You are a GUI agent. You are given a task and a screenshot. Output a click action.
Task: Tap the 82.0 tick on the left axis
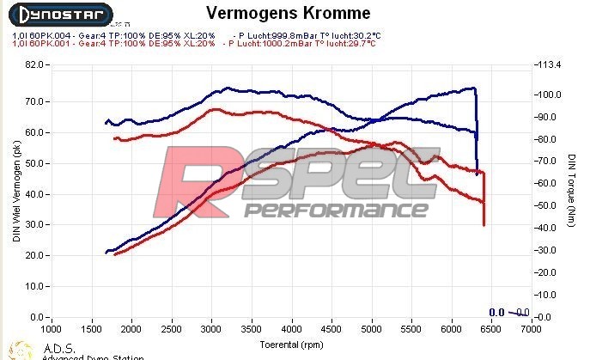33,64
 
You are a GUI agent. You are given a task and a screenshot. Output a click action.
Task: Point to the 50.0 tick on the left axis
33,163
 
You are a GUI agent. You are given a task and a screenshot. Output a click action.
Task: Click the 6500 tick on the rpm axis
491,329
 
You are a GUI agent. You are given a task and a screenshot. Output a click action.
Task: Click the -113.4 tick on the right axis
547,64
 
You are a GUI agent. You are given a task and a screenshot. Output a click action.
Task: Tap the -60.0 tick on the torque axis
546,183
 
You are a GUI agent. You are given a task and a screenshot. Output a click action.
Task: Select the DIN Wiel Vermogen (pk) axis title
15,191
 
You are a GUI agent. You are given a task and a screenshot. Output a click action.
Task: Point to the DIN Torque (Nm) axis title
571,191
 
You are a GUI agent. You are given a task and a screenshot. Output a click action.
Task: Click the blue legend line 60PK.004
112,34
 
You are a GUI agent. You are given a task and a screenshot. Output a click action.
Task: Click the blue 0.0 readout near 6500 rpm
496,313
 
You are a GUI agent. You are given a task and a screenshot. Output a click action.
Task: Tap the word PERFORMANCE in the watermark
336,210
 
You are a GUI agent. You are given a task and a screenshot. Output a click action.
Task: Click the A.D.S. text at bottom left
53,347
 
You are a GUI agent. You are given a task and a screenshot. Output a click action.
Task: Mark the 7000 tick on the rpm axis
531,329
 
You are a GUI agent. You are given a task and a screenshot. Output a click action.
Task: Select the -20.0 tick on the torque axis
546,272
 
